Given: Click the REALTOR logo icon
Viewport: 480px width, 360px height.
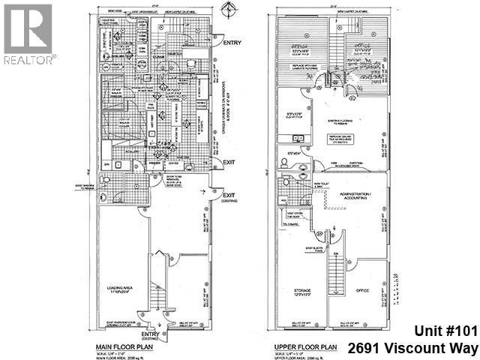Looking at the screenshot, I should pyautogui.click(x=28, y=29).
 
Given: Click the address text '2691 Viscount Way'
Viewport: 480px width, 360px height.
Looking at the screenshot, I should pyautogui.click(x=413, y=348).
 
